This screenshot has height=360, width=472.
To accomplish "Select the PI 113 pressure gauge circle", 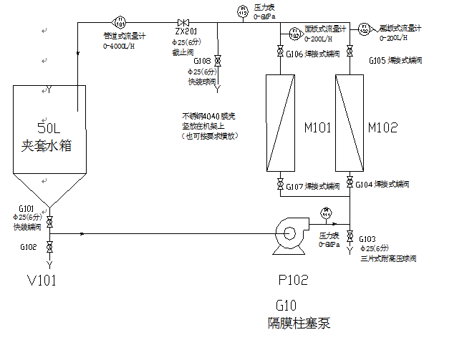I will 241,11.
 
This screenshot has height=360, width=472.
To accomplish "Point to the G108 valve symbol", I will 218,61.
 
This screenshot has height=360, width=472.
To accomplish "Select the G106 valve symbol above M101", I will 279,52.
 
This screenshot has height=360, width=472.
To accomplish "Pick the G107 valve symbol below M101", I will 279,185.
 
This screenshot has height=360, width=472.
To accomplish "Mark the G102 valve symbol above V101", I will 49,247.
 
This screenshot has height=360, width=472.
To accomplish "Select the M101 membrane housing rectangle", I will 279,122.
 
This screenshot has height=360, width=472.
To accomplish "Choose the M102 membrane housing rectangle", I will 350,122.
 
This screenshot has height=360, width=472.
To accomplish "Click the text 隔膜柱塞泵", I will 295,323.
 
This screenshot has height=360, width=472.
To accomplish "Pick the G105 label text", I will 379,60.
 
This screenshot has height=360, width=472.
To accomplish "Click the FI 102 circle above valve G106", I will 295,32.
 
